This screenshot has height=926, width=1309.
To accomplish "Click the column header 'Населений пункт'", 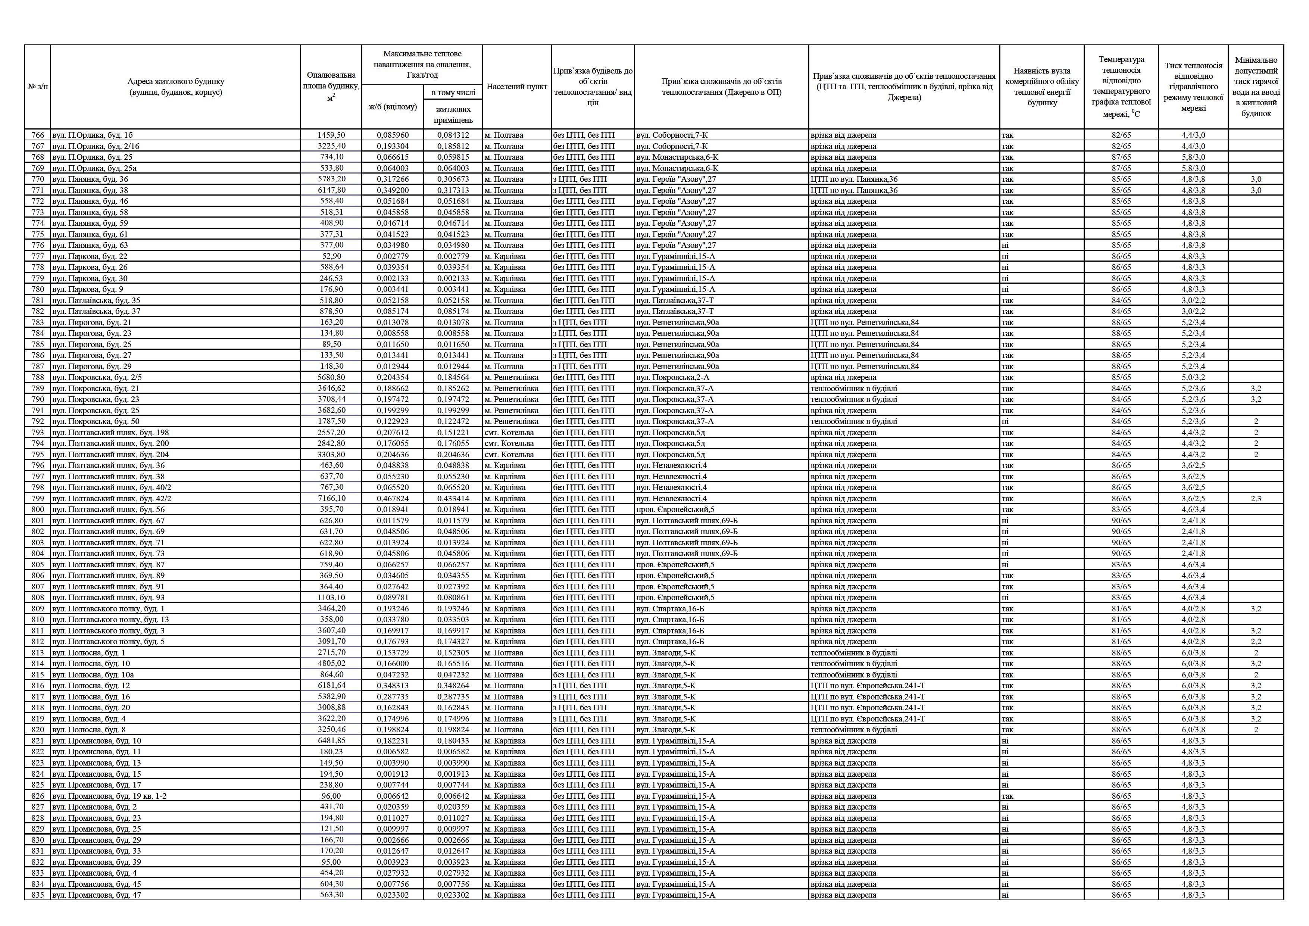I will (x=516, y=87).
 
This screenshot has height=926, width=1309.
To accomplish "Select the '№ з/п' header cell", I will (x=38, y=87).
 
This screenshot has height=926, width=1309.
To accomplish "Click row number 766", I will (x=38, y=135).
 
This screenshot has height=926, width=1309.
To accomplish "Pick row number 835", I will (x=38, y=895).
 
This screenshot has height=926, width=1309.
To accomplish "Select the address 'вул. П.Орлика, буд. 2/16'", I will (x=96, y=146).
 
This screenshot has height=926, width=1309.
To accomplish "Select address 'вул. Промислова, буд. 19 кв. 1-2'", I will (x=109, y=796).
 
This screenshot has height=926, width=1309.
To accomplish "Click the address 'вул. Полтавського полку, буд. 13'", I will (x=110, y=619).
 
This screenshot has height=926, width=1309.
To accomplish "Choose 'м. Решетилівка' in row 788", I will (x=512, y=377).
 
